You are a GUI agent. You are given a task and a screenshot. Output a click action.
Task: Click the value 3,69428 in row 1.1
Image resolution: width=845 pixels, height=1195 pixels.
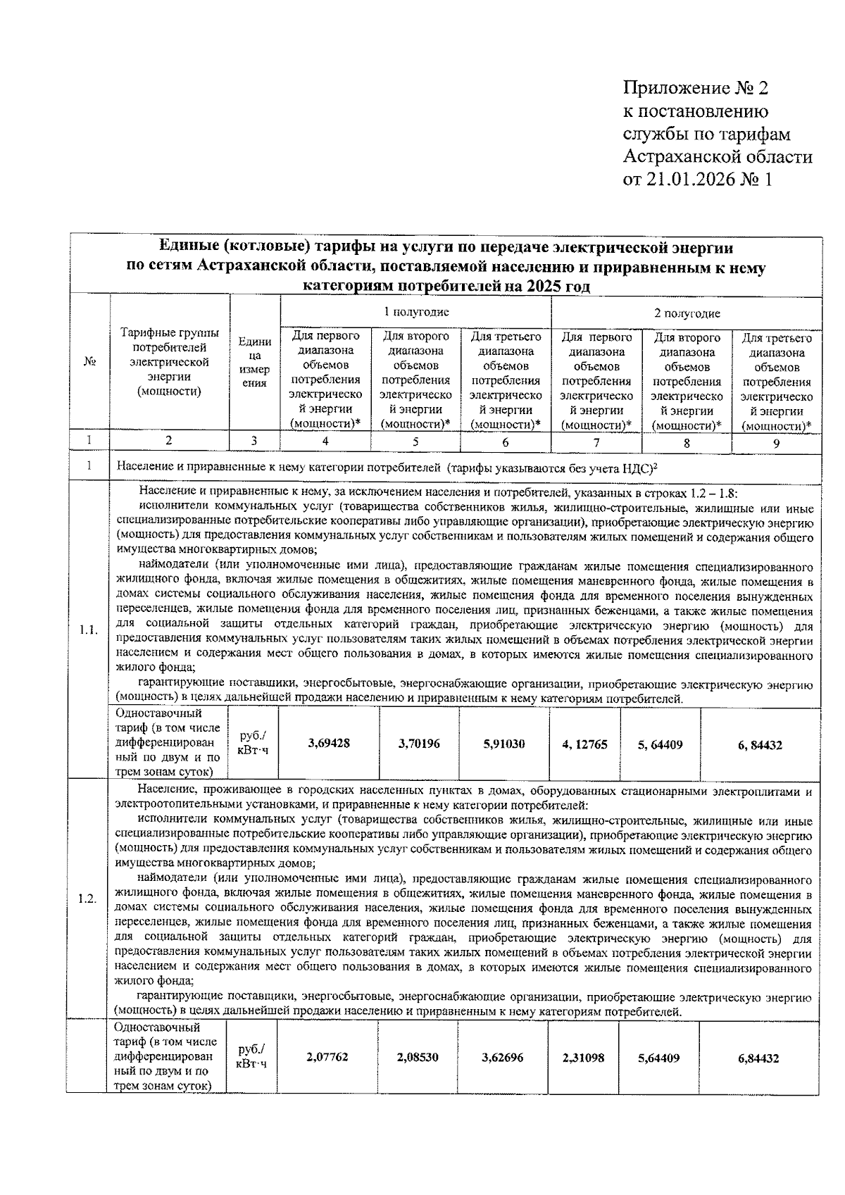(329, 744)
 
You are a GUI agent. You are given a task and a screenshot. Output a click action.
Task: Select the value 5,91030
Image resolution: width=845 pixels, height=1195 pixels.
(503, 744)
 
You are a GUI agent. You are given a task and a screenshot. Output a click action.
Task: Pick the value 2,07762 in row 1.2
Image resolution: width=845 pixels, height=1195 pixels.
(327, 1058)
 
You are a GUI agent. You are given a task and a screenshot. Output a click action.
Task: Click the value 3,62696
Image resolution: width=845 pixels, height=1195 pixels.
(502, 1058)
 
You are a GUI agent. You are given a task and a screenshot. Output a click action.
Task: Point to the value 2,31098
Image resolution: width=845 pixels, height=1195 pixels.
(583, 1058)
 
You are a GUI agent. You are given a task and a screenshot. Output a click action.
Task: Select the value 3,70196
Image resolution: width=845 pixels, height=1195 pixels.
(419, 744)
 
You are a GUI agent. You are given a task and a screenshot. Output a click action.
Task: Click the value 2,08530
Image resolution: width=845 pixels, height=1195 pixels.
(418, 1058)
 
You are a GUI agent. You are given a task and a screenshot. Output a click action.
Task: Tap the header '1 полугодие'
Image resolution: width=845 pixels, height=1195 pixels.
(415, 312)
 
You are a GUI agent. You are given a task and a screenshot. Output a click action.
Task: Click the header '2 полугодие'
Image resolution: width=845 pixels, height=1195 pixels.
(686, 313)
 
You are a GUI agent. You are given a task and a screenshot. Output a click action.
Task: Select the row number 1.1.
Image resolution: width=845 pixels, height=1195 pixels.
(89, 630)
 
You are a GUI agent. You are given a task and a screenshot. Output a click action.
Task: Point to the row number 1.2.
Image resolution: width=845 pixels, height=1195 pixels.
(87, 899)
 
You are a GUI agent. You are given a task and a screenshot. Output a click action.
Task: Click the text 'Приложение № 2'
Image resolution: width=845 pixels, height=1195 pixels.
(696, 89)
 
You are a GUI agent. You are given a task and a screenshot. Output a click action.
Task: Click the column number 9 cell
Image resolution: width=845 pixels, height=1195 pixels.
(776, 443)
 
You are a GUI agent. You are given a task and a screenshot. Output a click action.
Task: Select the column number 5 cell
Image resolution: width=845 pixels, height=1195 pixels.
(415, 442)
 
